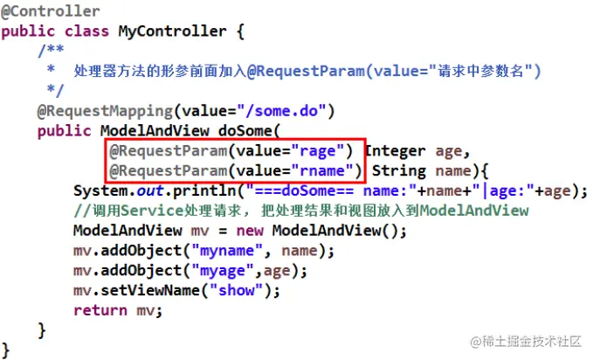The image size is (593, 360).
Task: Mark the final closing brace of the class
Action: point(6,350)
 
